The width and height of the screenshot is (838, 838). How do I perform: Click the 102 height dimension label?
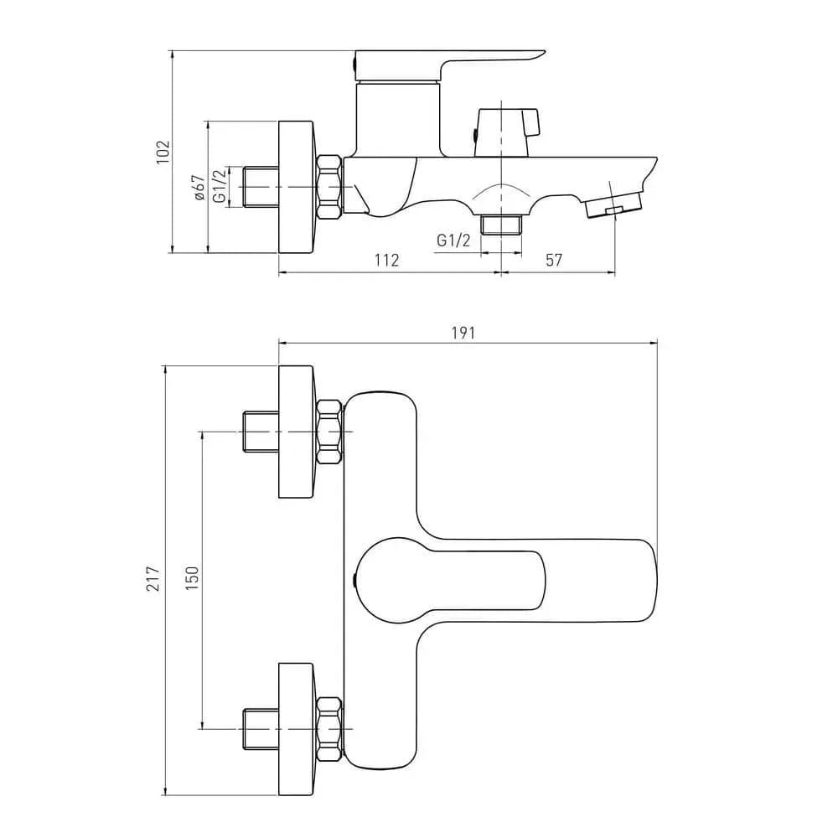point(163,152)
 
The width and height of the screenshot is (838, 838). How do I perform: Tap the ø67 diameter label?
point(199,188)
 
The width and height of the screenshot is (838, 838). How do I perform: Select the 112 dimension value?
point(386,261)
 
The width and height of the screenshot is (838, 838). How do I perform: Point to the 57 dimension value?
point(554,261)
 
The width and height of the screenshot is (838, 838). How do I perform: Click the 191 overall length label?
point(463,333)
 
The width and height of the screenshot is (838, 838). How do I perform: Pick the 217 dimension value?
point(153,579)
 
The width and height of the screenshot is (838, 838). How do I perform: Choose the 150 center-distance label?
point(192,578)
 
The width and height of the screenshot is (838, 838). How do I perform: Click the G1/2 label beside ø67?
point(220,187)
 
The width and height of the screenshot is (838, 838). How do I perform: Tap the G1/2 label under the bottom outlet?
point(453,241)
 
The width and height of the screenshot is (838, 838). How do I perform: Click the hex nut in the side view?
point(329,187)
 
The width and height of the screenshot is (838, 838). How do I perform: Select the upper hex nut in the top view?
point(329,432)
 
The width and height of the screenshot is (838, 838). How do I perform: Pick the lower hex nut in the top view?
point(329,729)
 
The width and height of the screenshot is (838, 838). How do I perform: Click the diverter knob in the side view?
point(507,132)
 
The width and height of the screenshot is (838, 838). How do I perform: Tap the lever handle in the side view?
point(450,65)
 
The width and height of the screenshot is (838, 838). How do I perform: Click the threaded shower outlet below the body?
point(501,225)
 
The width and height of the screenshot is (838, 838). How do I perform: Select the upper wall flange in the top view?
point(296,432)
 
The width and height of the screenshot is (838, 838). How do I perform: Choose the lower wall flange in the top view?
point(296,729)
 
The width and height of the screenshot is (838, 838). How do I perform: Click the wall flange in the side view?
point(296,187)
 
